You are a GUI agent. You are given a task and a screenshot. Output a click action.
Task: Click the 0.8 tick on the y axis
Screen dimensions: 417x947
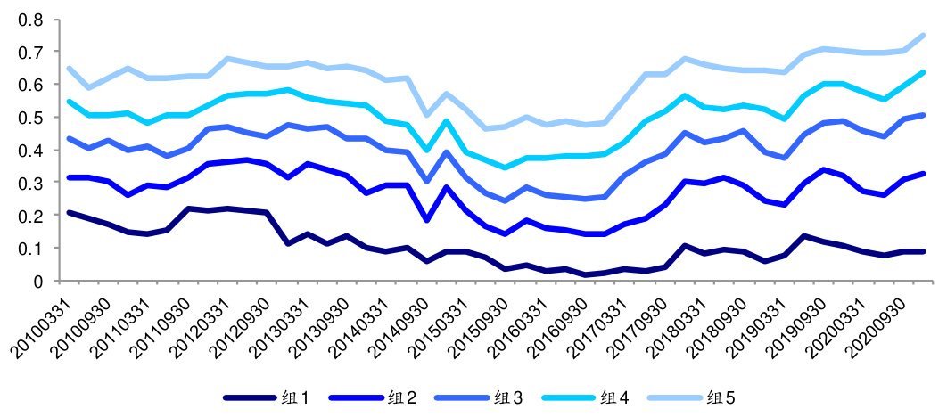coord(30,19)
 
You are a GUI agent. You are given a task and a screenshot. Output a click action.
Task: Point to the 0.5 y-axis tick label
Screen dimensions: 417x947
coord(30,118)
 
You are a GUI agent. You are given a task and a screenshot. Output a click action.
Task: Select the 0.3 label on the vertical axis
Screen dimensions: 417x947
coord(30,183)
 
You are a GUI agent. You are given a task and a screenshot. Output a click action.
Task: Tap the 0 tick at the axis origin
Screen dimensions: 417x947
coord(37,282)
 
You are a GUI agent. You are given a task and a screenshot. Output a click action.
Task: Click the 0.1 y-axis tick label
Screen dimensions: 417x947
coord(30,249)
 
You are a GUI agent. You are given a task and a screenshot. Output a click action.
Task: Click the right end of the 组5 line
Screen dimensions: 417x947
coord(923,36)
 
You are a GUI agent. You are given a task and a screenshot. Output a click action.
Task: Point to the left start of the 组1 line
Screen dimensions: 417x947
coord(69,212)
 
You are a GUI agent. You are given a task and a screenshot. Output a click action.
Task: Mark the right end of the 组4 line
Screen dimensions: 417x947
coord(923,72)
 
